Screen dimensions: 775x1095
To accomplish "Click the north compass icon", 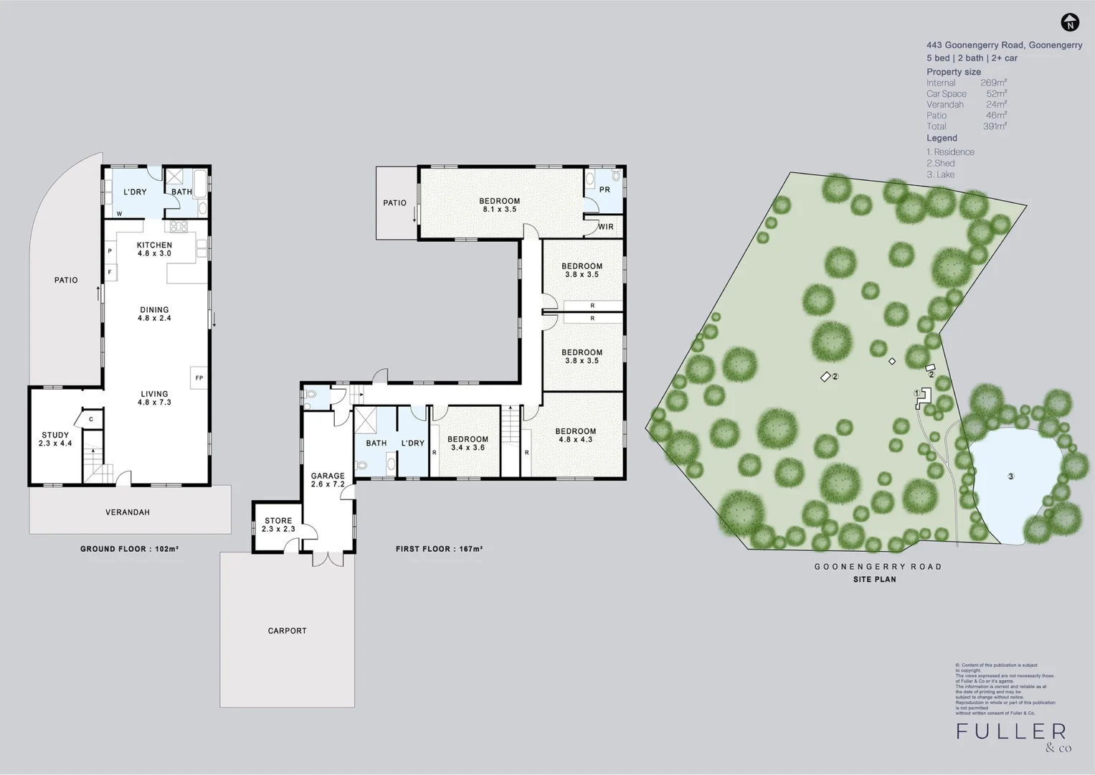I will tap(1070, 23).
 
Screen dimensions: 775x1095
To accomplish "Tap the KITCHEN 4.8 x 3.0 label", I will tap(154, 249).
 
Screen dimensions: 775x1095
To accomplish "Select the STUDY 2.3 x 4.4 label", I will tap(55, 439).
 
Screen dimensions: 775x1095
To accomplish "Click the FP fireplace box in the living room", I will tap(199, 377).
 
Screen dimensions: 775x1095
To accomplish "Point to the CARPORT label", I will tap(287, 631).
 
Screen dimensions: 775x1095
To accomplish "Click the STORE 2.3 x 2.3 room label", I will tap(278, 525).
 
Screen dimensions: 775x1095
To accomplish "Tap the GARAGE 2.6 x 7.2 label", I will tap(328, 480).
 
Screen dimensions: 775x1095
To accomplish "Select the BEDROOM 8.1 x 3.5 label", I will tap(499, 205).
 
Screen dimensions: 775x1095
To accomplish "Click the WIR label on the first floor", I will tap(606, 227).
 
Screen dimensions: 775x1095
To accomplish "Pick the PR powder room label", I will tap(605, 190).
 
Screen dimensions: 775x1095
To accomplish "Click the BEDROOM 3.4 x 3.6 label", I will tap(468, 443).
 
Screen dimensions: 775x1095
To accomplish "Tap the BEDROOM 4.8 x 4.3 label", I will tap(575, 436).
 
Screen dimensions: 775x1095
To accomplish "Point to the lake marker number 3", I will tap(1011, 476).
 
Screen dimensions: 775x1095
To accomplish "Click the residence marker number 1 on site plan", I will tap(916, 393).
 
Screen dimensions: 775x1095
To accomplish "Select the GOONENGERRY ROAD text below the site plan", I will tap(878, 566).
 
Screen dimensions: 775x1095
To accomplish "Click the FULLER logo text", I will tap(1011, 731).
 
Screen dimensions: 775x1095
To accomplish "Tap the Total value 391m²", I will tap(995, 126).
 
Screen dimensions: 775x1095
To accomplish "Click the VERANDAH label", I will tap(128, 512).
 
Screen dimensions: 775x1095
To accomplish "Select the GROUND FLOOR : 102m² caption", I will tap(129, 549).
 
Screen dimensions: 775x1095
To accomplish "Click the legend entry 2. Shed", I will tap(940, 164).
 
